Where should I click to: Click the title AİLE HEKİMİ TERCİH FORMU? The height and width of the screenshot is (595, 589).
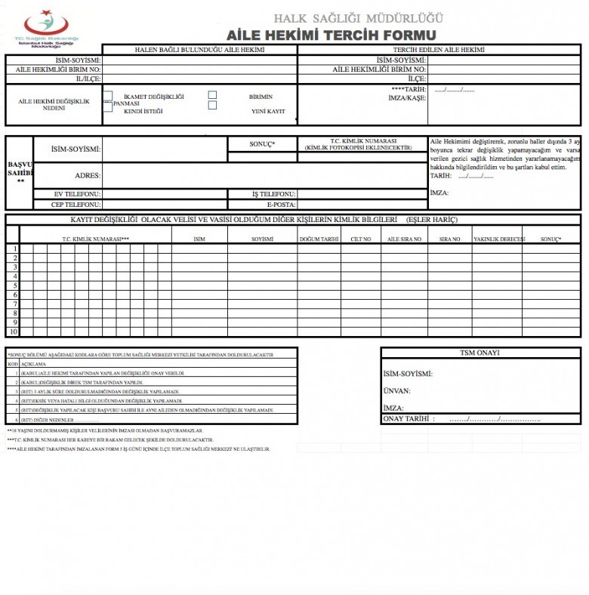332,35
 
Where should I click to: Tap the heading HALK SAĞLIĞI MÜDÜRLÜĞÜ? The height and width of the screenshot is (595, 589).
358,18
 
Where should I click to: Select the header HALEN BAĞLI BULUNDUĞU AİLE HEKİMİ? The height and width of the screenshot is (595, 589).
199,50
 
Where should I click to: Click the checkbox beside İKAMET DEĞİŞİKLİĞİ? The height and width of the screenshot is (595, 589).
108,96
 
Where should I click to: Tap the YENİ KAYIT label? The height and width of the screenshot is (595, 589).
268,111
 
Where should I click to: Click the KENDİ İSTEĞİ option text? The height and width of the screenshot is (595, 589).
143,111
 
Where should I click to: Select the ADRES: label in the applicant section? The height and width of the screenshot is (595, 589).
88,175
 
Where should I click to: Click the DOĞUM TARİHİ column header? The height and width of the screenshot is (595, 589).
318,239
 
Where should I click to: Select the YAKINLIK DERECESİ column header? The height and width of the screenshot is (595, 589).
498,239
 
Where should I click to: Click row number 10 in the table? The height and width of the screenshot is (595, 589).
13,331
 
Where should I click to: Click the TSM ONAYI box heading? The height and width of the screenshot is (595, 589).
480,353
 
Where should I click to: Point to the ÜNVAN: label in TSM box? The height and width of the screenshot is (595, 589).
397,391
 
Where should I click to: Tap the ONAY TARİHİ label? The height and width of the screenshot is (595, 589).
409,418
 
